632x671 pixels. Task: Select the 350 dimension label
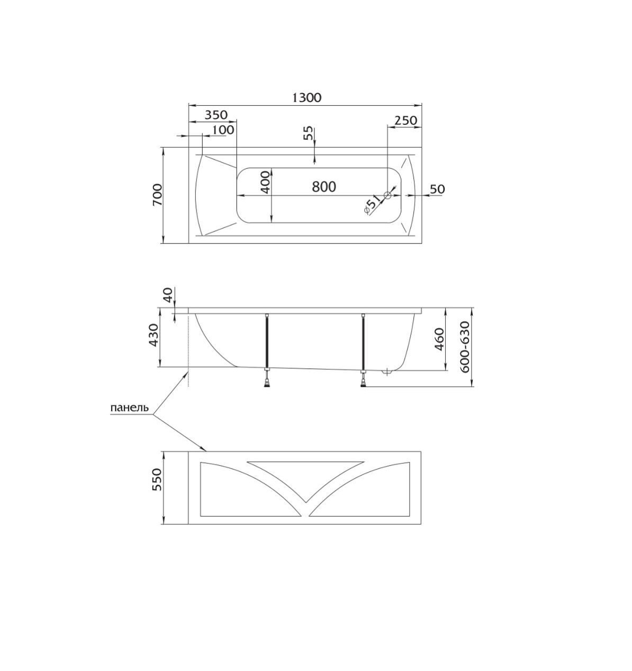click(216, 115)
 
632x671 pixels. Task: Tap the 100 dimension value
click(223, 130)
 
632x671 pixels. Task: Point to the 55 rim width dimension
click(309, 134)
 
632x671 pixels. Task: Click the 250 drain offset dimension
click(406, 120)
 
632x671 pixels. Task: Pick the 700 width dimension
click(158, 195)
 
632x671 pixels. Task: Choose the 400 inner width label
click(266, 183)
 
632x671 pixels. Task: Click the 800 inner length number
click(324, 186)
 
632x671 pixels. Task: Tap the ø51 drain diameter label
click(372, 206)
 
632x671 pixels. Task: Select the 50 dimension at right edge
click(437, 189)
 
